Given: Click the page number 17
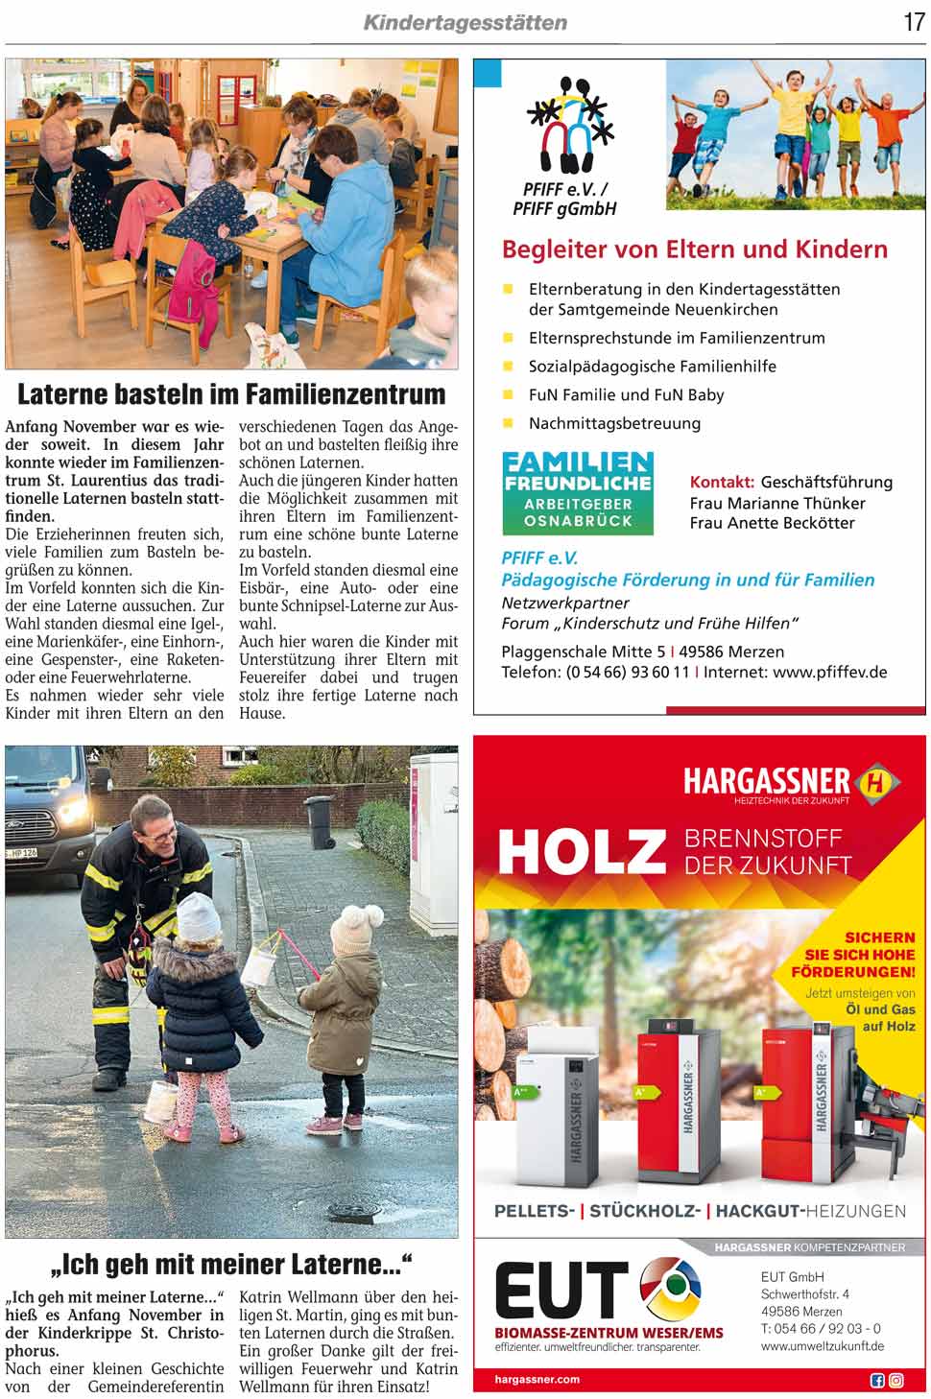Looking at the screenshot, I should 913,21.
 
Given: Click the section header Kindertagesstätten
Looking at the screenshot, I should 465,22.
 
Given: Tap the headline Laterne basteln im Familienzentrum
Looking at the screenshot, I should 231,394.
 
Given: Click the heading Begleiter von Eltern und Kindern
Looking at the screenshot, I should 694,249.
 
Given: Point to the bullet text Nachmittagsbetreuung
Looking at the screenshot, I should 614,423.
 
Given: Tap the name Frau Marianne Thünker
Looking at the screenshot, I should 776,503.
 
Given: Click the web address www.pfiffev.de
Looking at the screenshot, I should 829,672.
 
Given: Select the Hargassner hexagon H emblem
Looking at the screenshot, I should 876,781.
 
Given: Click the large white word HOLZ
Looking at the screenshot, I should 581,850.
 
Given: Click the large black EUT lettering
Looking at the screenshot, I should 561,1292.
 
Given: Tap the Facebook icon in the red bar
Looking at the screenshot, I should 876,1380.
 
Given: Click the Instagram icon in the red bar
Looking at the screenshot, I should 895,1380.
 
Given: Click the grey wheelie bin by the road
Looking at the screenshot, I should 320,822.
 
